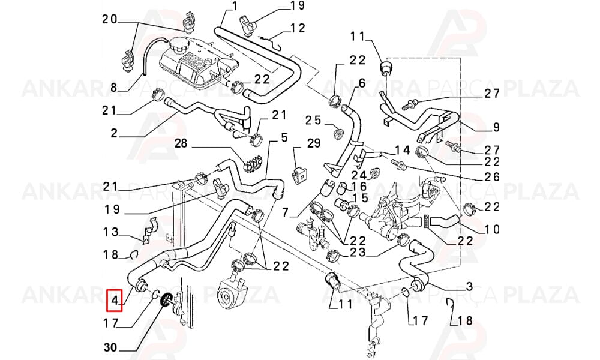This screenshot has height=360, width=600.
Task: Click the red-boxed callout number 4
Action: [x=115, y=301]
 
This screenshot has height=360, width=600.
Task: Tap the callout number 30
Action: [x=110, y=347]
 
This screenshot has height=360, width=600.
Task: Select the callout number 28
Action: [x=181, y=143]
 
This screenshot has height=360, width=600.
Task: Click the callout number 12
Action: [x=298, y=28]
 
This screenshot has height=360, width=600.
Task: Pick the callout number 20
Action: [x=109, y=19]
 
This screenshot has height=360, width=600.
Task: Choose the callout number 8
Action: [x=113, y=88]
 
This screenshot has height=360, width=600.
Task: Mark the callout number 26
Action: [x=492, y=176]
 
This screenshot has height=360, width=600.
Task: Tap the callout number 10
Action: [x=492, y=229]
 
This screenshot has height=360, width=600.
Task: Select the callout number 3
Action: [x=469, y=286]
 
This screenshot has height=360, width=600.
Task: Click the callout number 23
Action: [x=358, y=253]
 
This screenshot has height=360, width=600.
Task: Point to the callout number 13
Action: [x=110, y=232]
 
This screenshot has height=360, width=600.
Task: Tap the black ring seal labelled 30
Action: [x=166, y=299]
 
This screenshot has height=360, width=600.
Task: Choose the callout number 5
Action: [x=284, y=137]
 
